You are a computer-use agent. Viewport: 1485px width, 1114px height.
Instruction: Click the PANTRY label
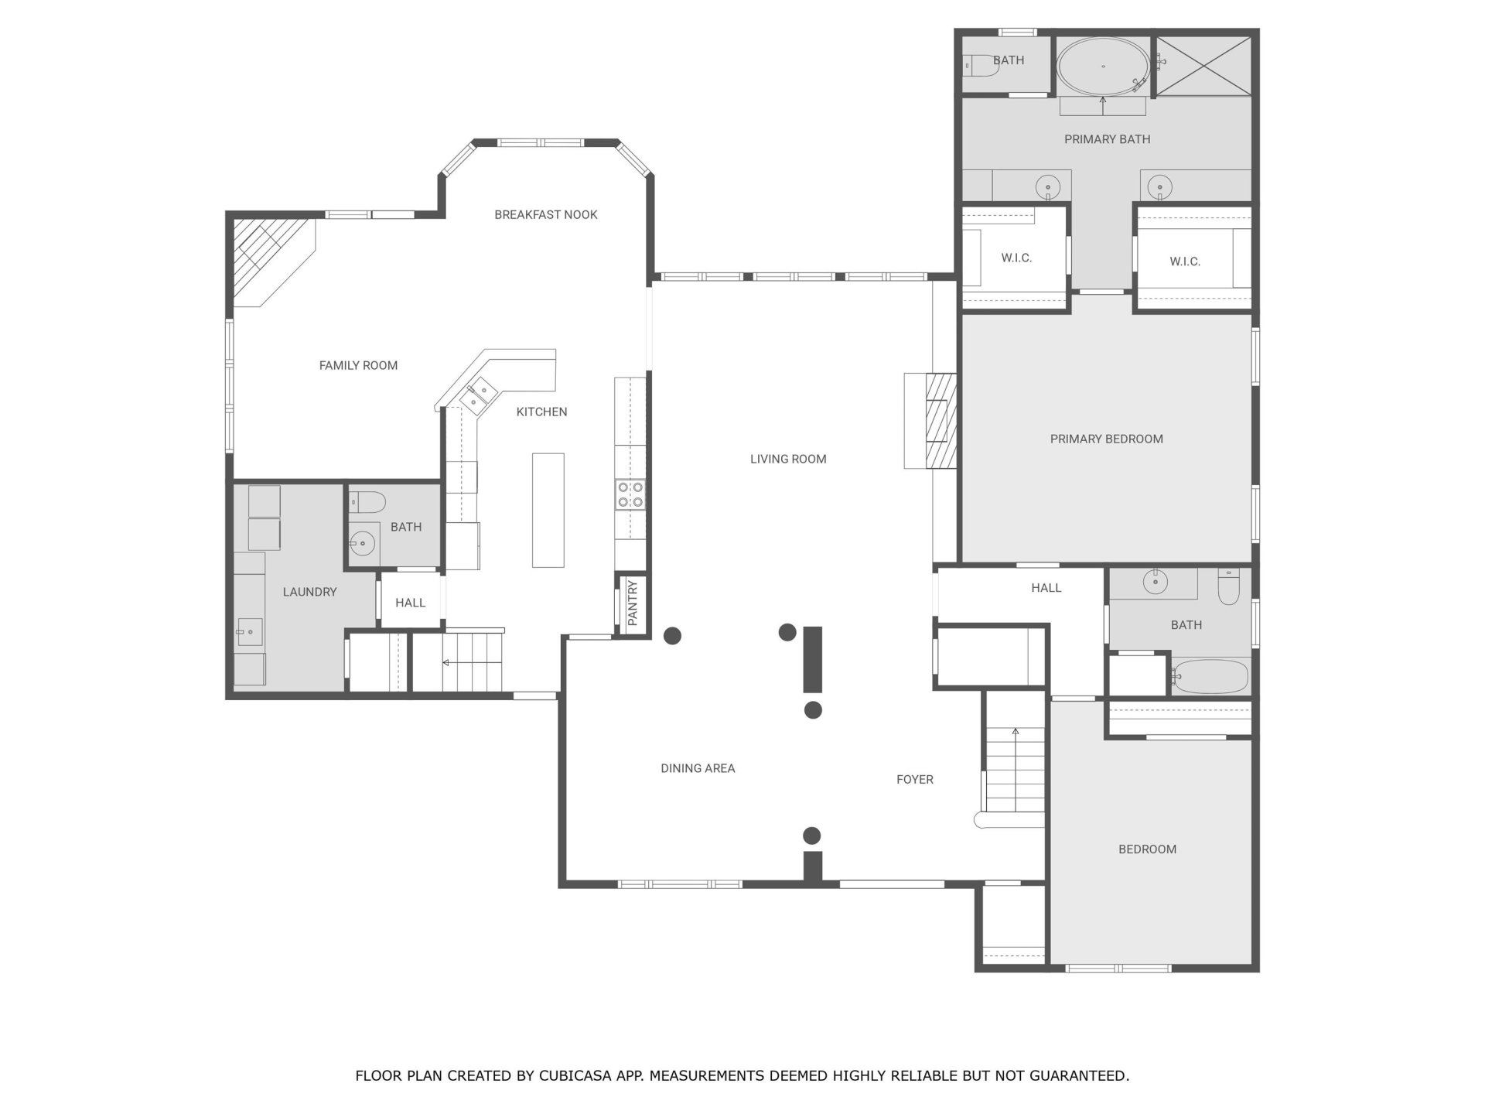633,603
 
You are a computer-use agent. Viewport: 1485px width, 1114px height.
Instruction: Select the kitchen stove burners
630,494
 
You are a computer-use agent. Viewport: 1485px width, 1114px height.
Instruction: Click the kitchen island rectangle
548,511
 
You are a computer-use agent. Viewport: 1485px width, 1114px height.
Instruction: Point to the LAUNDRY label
309,592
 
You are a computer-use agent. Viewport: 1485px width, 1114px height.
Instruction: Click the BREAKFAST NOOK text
546,214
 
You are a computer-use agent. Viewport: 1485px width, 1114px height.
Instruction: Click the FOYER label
915,779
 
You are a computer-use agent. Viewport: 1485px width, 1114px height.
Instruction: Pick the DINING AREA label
698,768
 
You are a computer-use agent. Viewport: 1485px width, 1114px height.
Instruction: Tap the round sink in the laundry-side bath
362,542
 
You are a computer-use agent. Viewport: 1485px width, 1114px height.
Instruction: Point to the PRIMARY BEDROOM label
1106,439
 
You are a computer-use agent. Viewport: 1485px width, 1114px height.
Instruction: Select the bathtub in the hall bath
1210,677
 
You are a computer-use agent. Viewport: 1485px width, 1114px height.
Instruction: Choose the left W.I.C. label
1016,258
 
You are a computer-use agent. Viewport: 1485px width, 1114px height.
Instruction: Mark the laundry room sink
249,632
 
